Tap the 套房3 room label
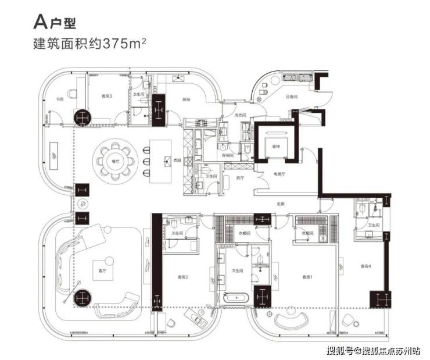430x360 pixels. pos(107,97)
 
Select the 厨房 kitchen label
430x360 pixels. pos(186,99)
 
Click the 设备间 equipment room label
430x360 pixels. pos(291,96)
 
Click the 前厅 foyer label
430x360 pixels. pos(239,179)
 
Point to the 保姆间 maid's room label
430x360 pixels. pos(229,156)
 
